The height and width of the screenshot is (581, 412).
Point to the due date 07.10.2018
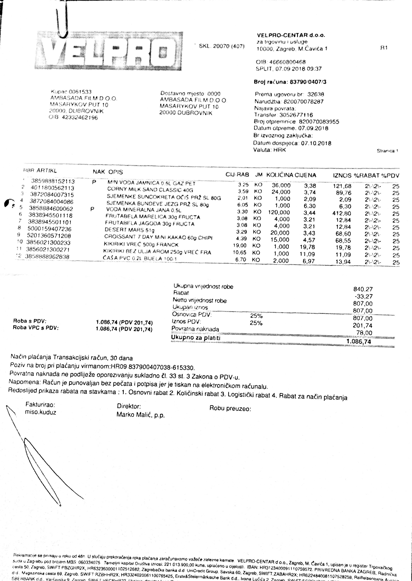[x=316, y=143]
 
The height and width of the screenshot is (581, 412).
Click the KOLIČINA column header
[x=280, y=175]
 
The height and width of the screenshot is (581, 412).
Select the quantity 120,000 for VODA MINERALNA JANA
[x=279, y=212]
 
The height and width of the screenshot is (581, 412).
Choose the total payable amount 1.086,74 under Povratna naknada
[x=358, y=341]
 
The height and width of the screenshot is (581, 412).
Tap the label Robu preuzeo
[x=230, y=409]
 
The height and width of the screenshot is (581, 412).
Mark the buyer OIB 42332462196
[x=80, y=118]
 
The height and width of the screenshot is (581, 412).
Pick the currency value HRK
[x=280, y=150]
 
